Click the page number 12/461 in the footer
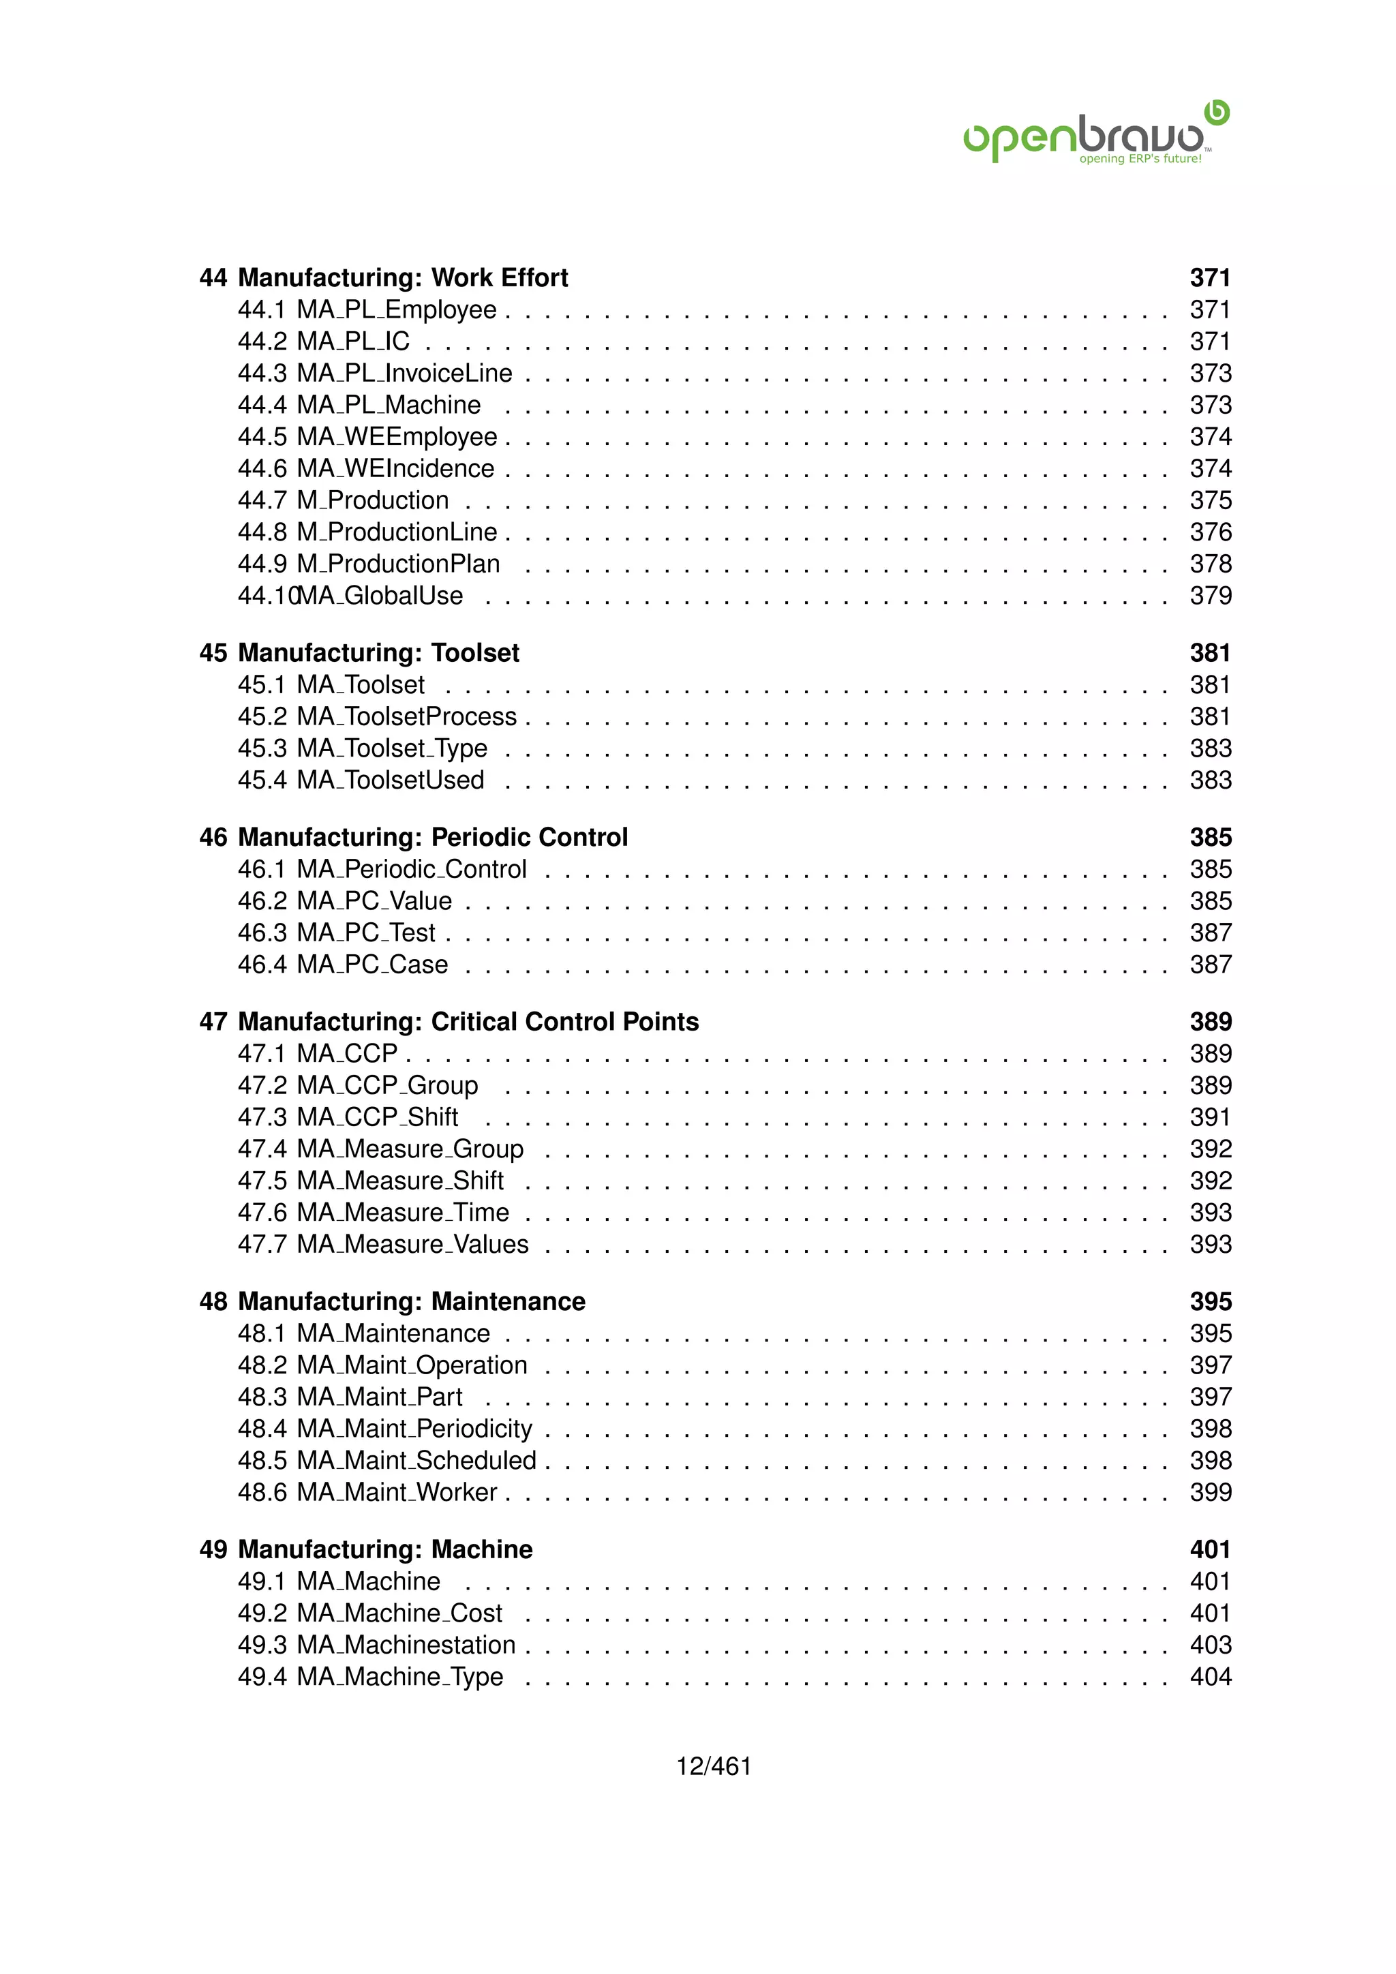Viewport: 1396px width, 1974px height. click(714, 1766)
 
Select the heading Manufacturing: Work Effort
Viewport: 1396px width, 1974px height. click(402, 277)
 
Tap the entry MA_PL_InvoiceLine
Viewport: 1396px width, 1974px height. click(404, 373)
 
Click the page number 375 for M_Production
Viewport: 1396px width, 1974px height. click(1211, 500)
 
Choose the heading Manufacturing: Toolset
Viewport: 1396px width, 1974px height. click(378, 654)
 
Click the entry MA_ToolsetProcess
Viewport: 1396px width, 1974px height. click(406, 717)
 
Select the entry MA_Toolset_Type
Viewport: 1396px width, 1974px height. click(391, 749)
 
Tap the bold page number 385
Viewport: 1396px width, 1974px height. click(1211, 838)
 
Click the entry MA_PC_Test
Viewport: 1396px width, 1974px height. click(365, 933)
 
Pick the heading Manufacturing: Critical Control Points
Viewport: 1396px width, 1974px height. click(468, 1022)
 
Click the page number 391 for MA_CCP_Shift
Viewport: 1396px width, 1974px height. click(1211, 1118)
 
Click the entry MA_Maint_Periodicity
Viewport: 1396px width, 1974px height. click(414, 1429)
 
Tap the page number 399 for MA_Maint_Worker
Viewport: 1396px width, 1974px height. click(1211, 1493)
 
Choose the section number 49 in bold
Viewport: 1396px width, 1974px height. click(213, 1550)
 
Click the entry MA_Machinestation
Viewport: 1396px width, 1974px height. click(406, 1645)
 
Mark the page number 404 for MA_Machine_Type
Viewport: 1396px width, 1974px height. click(1211, 1677)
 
